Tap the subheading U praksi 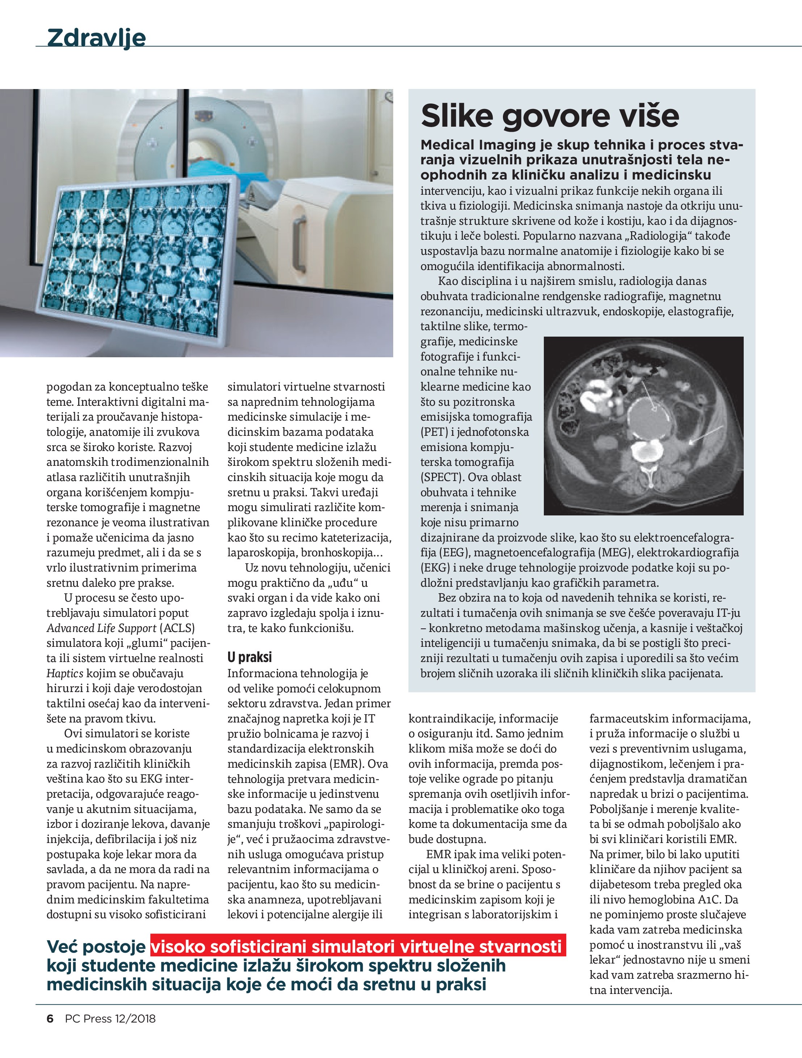[249, 657]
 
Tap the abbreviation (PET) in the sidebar [434, 432]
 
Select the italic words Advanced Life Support [101, 628]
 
